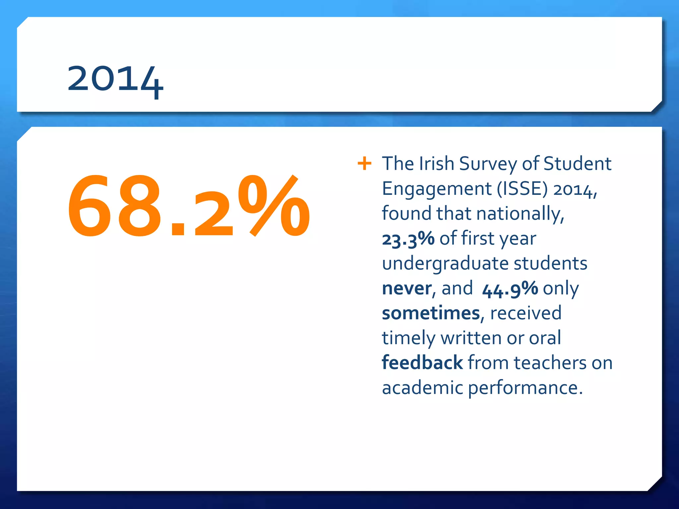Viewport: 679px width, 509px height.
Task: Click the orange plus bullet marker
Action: coord(364,163)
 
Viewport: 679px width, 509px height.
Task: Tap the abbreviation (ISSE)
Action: coord(522,189)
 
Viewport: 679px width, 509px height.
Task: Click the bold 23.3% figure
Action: coord(408,239)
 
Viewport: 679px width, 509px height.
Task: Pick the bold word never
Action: coord(407,288)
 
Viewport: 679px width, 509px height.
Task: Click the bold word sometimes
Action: coord(431,313)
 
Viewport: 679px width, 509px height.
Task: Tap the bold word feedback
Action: coord(422,363)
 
